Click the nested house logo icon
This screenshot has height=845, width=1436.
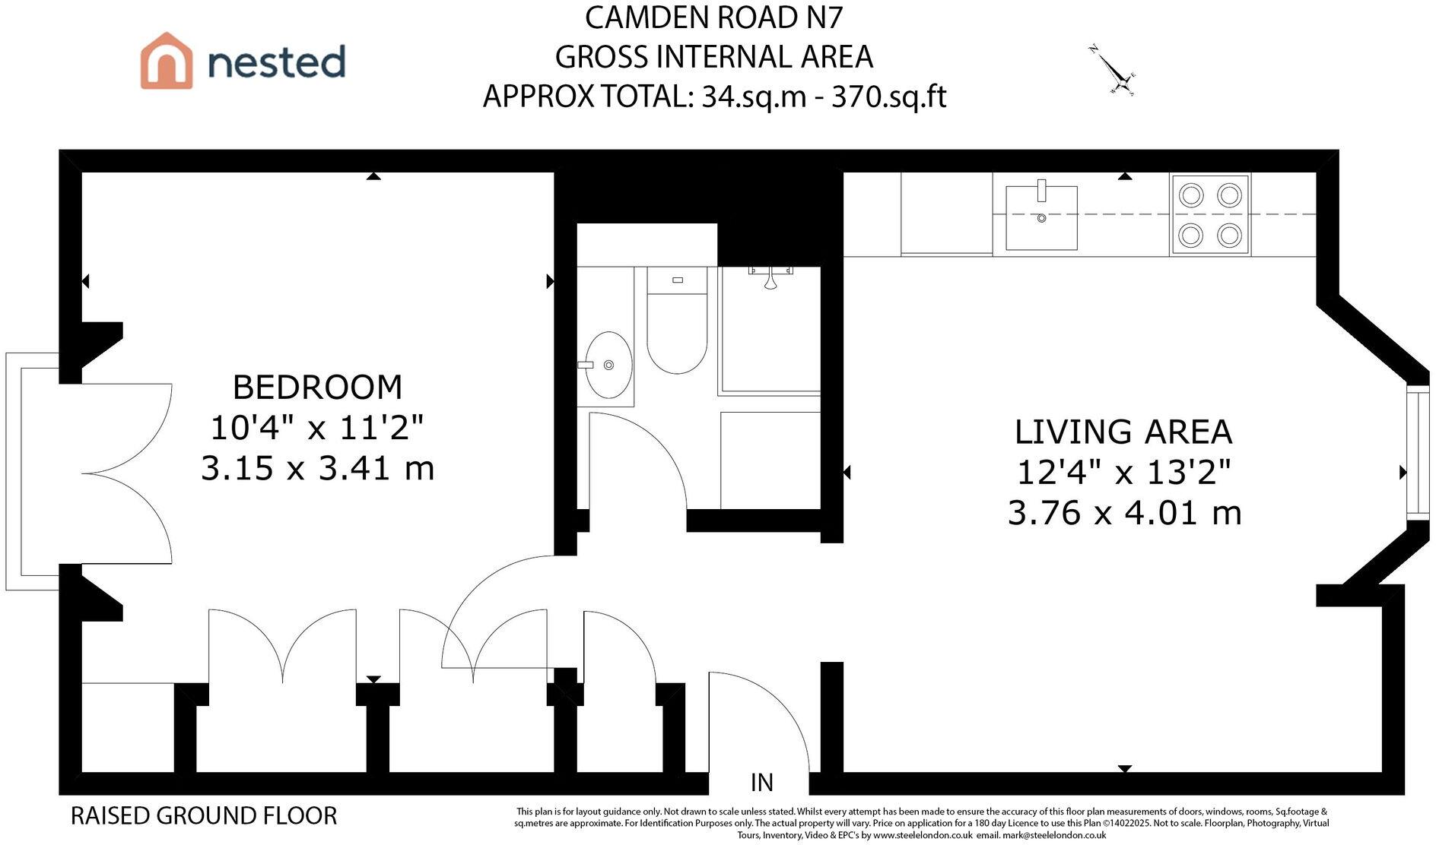(167, 61)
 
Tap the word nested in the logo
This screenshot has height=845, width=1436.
(277, 62)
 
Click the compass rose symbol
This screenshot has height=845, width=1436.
(1113, 71)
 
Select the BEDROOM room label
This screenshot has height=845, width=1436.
(317, 387)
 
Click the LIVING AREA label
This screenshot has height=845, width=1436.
(1123, 432)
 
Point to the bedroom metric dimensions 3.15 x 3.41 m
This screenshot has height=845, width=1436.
(317, 468)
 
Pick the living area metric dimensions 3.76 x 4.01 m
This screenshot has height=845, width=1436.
(1124, 513)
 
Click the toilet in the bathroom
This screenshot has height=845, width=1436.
(677, 320)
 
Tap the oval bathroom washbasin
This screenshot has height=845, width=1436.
(608, 366)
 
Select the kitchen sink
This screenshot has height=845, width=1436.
(1041, 218)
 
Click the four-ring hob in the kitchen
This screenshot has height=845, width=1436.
(1210, 215)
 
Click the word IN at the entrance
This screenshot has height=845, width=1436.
(762, 783)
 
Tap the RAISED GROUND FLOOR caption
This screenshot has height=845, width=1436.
(204, 816)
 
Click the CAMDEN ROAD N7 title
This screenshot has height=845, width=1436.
(714, 18)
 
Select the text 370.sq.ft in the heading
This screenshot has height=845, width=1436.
(889, 97)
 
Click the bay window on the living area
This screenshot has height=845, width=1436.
(1418, 453)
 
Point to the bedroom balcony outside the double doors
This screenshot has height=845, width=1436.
(32, 471)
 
